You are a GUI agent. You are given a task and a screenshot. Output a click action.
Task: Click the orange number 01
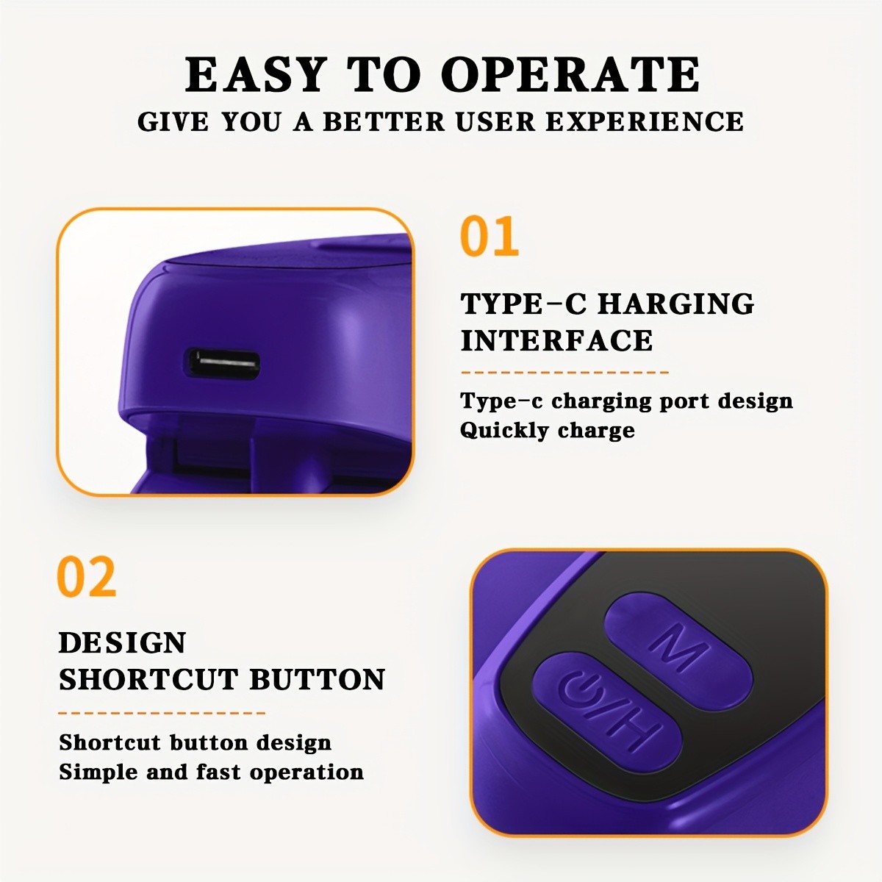(490, 237)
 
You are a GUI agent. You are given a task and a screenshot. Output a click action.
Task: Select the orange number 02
(87, 577)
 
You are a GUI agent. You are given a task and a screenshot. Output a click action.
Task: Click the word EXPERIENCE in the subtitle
(645, 121)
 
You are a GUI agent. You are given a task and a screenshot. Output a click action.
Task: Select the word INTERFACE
(556, 341)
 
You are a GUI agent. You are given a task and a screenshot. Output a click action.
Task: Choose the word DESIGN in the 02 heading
(122, 643)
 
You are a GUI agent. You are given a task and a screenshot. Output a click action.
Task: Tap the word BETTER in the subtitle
(384, 121)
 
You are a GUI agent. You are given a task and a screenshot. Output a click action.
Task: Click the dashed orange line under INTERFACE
(564, 373)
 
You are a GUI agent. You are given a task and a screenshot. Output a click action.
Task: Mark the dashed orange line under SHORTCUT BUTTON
(162, 712)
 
